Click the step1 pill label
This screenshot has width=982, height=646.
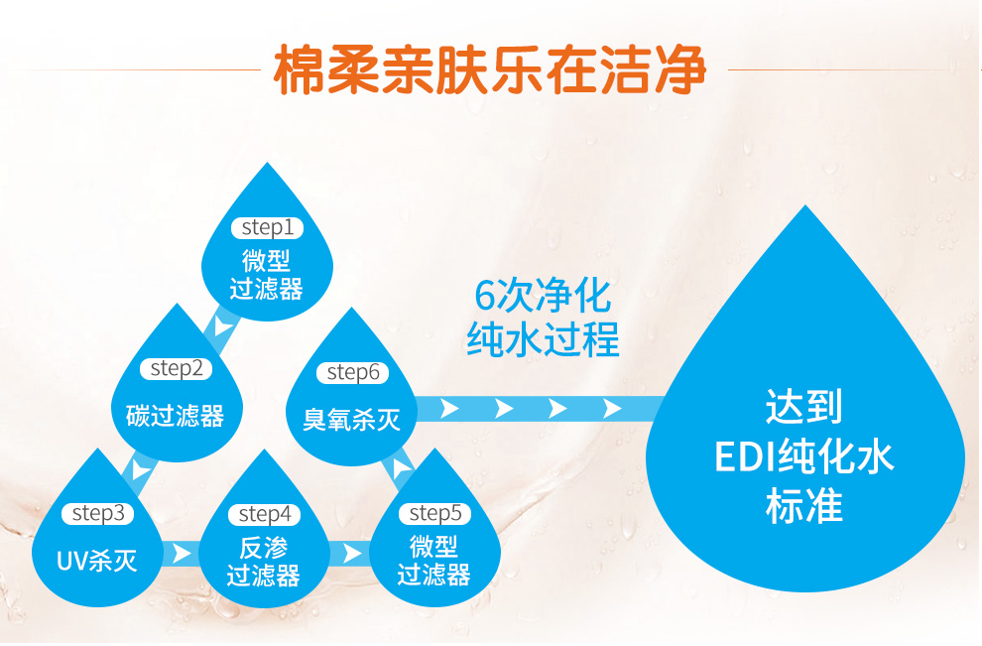[x=268, y=228]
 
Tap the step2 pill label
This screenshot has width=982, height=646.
[x=176, y=368]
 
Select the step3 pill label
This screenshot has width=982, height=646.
[x=97, y=513]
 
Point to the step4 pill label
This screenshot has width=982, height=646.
[x=264, y=514]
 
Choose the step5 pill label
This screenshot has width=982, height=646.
[x=434, y=513]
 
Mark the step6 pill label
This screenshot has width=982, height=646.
[x=352, y=373]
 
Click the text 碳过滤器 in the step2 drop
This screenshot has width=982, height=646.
[x=176, y=416]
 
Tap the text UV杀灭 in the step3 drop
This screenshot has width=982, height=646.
[x=97, y=561]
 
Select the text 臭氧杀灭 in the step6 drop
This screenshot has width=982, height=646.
[x=351, y=420]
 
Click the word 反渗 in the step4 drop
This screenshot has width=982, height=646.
[x=264, y=548]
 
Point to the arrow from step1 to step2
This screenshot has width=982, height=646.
[x=222, y=325]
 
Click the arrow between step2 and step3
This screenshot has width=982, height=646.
[x=140, y=469]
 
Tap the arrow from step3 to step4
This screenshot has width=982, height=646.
[x=181, y=554]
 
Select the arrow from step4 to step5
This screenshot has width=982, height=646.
[x=351, y=554]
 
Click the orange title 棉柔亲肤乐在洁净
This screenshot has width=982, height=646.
[x=490, y=68]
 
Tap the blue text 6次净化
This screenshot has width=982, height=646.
[x=543, y=296]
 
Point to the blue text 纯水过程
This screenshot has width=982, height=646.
[x=543, y=339]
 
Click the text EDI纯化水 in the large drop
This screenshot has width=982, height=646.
[x=804, y=456]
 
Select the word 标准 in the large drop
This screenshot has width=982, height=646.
[x=804, y=506]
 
